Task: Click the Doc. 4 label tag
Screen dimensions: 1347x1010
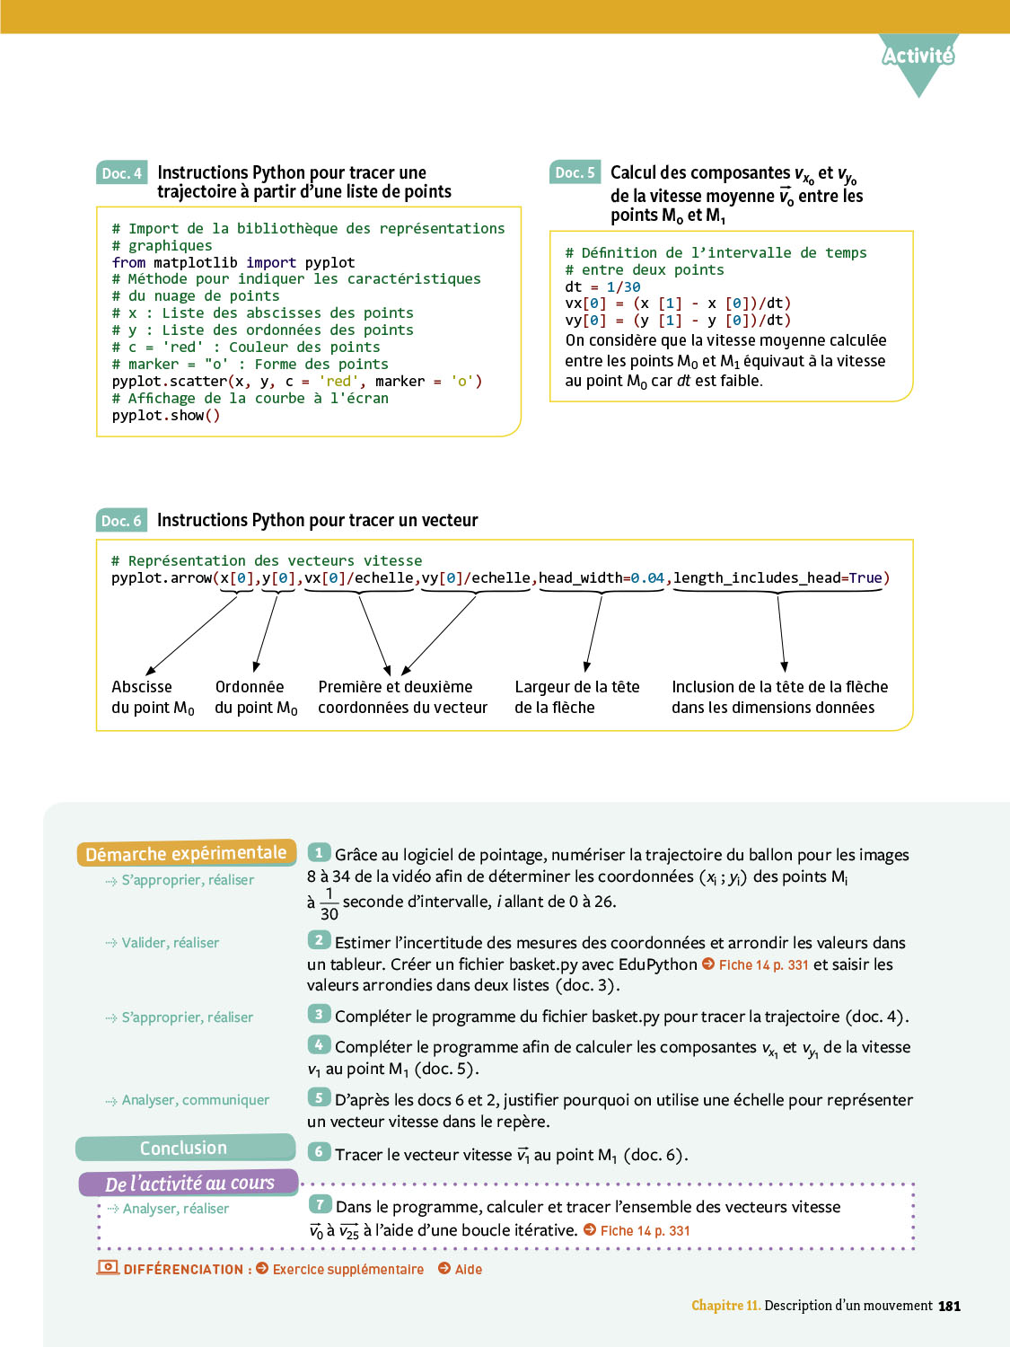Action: [121, 173]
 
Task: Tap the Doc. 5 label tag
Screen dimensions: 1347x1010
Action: [575, 172]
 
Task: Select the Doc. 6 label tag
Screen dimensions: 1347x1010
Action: [121, 521]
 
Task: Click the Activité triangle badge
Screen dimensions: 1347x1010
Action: [918, 58]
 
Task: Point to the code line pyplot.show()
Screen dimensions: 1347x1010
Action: [165, 416]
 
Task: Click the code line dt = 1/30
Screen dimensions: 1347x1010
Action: [602, 287]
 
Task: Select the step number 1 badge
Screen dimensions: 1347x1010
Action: [319, 853]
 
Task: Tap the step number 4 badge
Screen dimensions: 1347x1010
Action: [319, 1045]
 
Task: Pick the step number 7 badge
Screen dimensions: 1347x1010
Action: [319, 1205]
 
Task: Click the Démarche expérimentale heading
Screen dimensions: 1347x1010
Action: [186, 853]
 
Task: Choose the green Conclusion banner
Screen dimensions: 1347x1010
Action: [184, 1149]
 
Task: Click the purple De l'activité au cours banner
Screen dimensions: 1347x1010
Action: [189, 1184]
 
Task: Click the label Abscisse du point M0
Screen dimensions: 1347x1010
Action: [152, 697]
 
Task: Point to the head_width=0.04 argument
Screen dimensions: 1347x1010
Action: [602, 578]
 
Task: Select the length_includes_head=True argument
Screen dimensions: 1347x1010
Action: [778, 578]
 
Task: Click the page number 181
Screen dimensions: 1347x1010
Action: [949, 1307]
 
